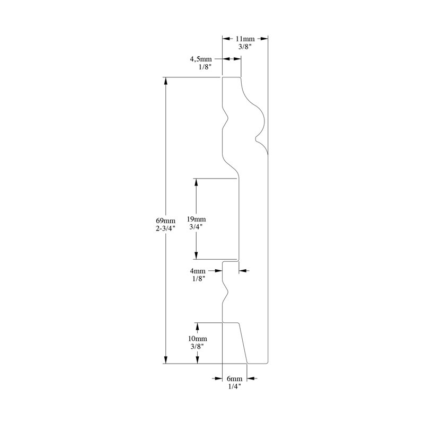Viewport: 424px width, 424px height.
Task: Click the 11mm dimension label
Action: (245, 39)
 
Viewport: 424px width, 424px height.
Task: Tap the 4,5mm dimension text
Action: (201, 59)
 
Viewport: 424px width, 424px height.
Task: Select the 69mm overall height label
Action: (165, 220)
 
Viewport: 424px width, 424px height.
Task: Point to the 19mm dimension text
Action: (196, 219)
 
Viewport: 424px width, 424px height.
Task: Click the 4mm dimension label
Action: (198, 271)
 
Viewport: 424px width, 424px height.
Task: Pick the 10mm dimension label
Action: (198, 339)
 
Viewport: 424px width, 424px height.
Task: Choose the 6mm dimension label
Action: (234, 378)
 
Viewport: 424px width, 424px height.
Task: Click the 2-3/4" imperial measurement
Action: (165, 228)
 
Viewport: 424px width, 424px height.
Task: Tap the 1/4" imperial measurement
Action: (234, 386)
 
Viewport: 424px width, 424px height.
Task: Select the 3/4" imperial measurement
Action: (196, 227)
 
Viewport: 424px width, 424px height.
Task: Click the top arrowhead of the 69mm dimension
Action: (166, 82)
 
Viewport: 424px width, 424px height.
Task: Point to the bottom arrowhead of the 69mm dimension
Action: (166, 359)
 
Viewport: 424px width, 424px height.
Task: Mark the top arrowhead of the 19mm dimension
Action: (196, 182)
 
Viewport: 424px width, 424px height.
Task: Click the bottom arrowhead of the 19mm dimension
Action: (196, 255)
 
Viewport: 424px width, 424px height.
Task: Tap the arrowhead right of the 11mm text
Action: (263, 39)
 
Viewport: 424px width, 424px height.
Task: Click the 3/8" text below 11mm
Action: (245, 47)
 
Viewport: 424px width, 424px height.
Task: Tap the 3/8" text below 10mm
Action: (197, 347)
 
